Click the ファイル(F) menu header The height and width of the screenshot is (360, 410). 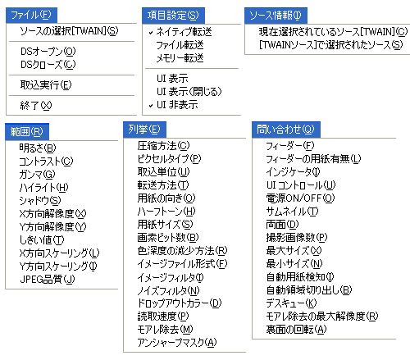[31, 15]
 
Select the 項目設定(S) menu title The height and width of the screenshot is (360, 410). [173, 16]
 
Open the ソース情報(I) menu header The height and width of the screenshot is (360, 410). [276, 16]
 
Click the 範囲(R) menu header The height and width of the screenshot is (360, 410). [27, 131]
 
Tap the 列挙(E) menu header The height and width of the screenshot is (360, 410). [144, 130]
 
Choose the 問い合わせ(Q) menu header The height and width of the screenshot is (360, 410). [286, 130]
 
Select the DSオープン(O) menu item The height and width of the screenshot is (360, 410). [48, 52]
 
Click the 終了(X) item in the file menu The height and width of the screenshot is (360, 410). [36, 105]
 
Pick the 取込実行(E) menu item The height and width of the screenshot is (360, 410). [46, 85]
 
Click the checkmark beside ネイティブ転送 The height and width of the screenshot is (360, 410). [151, 33]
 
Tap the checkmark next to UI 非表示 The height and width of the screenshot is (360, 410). [151, 106]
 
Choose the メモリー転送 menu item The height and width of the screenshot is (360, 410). [180, 58]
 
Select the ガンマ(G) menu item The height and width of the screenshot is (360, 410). [37, 174]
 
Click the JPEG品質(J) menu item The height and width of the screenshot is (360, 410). [48, 279]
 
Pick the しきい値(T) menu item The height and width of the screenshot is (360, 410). [42, 239]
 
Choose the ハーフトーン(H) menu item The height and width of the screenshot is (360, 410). [166, 212]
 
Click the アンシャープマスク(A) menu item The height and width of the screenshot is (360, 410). [177, 343]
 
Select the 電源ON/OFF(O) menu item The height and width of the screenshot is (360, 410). [300, 198]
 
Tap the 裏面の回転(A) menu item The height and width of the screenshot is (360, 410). [296, 330]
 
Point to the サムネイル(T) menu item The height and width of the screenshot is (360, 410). [292, 212]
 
